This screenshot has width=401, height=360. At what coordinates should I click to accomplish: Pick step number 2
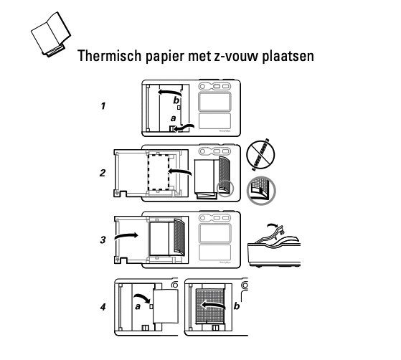tap(104, 172)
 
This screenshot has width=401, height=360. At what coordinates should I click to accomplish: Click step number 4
tap(104, 307)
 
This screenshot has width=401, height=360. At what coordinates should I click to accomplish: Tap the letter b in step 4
tap(237, 308)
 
